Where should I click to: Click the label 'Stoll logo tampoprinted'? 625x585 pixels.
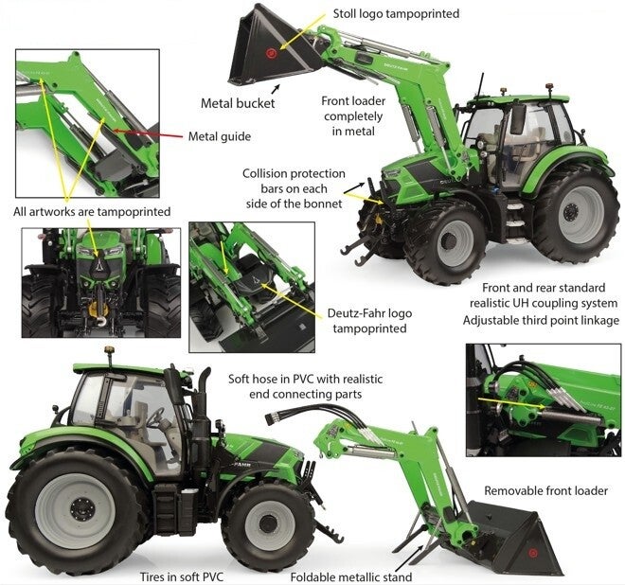pyautogui.click(x=397, y=14)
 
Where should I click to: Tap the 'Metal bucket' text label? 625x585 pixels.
pyautogui.click(x=237, y=103)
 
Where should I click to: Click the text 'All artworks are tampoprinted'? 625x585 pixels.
pyautogui.click(x=92, y=211)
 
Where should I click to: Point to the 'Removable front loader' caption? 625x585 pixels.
pyautogui.click(x=545, y=490)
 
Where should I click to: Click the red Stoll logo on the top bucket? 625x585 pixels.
pyautogui.click(x=273, y=50)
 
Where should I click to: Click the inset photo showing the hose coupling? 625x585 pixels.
pyautogui.click(x=544, y=400)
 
